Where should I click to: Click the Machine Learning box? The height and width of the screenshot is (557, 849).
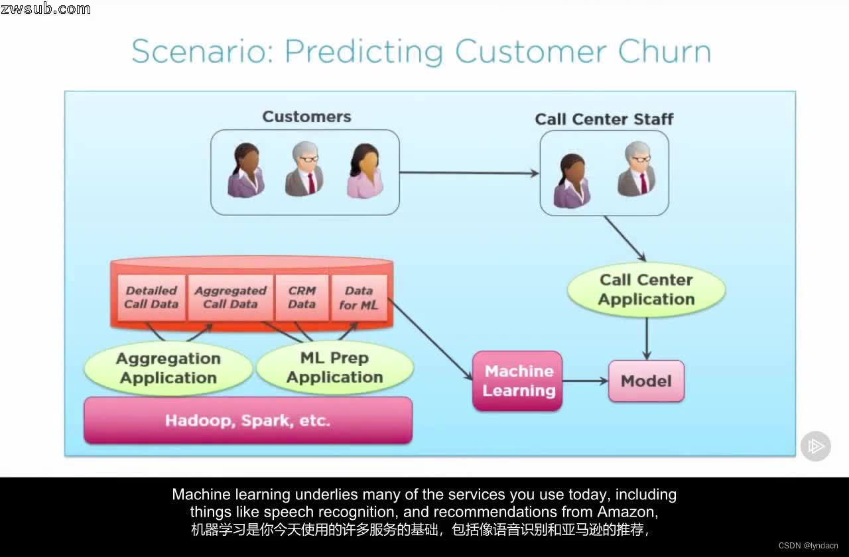click(x=517, y=381)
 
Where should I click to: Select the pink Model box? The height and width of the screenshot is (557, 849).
click(x=646, y=381)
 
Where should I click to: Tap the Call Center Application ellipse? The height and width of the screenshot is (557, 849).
click(x=646, y=290)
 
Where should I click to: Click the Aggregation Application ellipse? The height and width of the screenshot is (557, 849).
click(x=168, y=368)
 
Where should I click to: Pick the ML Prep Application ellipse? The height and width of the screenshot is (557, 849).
click(x=334, y=367)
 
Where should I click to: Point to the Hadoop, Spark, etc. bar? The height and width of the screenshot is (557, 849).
click(x=247, y=420)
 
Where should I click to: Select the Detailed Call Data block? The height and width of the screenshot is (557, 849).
click(x=151, y=297)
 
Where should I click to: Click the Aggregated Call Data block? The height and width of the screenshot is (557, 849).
click(x=230, y=297)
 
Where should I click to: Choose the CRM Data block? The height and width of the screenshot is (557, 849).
click(x=302, y=297)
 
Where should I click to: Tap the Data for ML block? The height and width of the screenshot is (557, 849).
click(x=358, y=297)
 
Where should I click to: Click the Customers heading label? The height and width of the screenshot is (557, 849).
click(x=306, y=117)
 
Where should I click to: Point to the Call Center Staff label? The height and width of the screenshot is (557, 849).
click(x=604, y=119)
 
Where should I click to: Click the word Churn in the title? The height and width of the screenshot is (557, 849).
click(x=664, y=52)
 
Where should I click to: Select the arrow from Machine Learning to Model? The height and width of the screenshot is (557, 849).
click(x=585, y=381)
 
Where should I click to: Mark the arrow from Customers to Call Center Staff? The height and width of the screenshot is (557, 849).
click(x=469, y=173)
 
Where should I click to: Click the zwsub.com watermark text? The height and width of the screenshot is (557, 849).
click(x=46, y=9)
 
